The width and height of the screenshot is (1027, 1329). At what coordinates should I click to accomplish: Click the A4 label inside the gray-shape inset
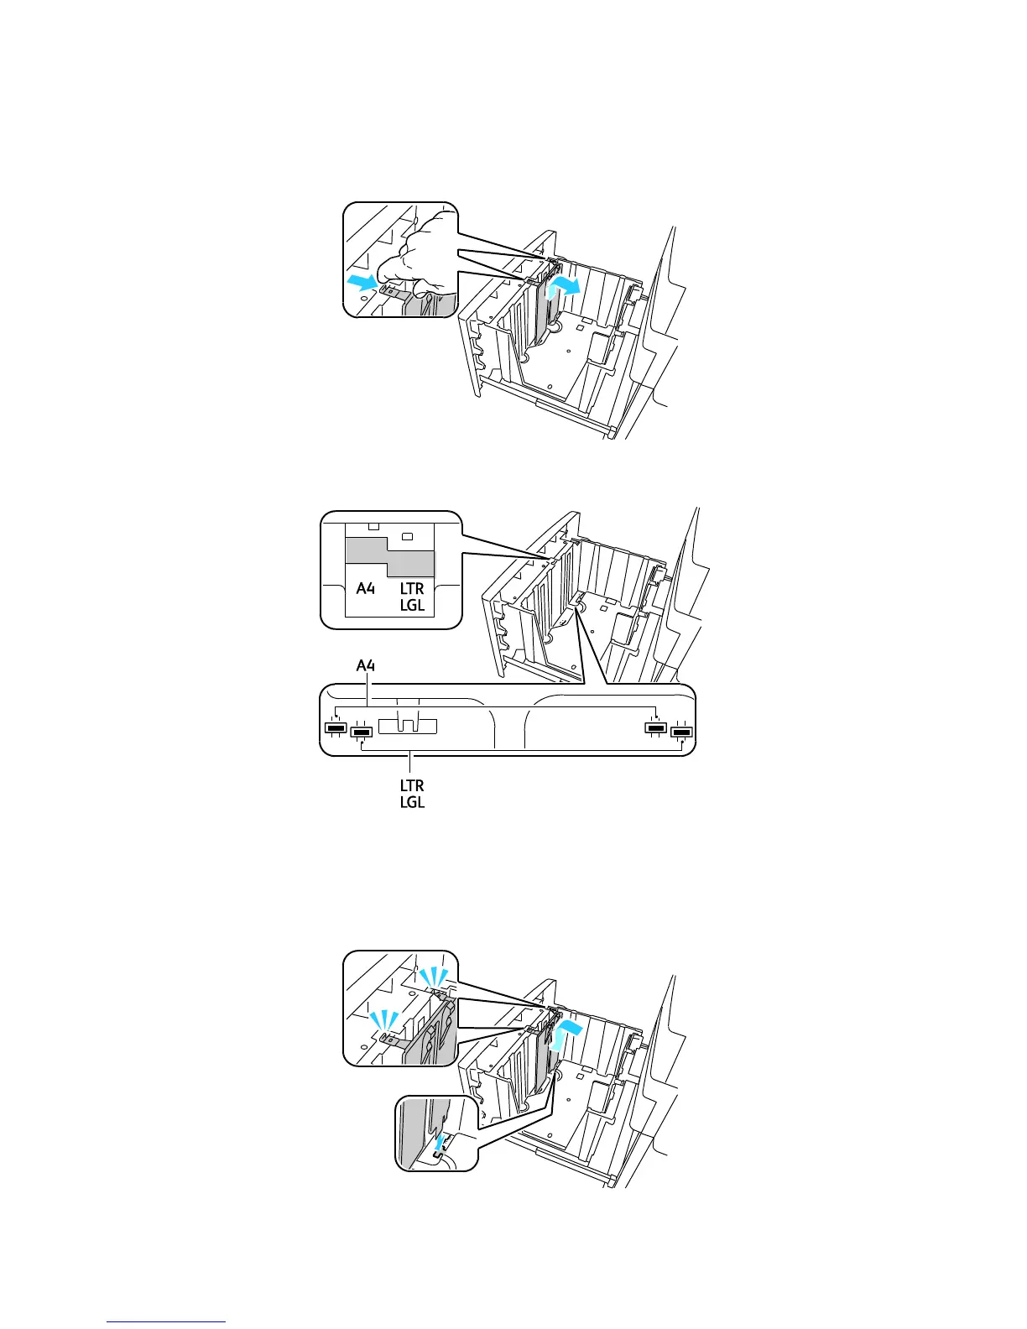pyautogui.click(x=365, y=588)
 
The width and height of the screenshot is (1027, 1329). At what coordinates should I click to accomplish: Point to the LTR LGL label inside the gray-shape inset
pyautogui.click(x=412, y=597)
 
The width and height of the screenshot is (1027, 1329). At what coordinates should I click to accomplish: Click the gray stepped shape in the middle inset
pyautogui.click(x=390, y=556)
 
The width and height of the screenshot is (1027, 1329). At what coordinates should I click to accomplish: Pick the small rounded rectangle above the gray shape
pyautogui.click(x=407, y=535)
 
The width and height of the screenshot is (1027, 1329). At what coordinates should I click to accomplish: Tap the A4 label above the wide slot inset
pyautogui.click(x=366, y=666)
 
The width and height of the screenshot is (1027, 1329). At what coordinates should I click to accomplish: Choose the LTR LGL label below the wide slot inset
pyautogui.click(x=412, y=794)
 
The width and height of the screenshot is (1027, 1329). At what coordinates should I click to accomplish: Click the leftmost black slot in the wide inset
pyautogui.click(x=335, y=727)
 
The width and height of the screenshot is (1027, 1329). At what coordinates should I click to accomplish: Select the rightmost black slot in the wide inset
pyautogui.click(x=681, y=732)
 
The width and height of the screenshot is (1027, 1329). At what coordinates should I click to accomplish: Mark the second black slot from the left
pyautogui.click(x=362, y=732)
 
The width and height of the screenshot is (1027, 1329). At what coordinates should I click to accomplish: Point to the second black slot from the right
pyautogui.click(x=655, y=727)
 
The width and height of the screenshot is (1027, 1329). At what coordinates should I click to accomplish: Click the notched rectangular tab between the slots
pyautogui.click(x=408, y=726)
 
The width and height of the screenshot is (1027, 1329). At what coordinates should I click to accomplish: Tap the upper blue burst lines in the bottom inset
pyautogui.click(x=434, y=976)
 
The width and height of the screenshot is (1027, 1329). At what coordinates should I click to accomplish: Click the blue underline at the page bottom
pyautogui.click(x=166, y=1322)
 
